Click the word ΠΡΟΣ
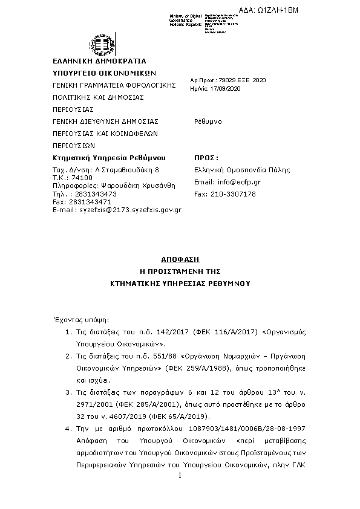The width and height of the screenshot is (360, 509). click(x=205, y=157)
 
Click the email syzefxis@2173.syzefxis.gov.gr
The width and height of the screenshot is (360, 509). click(x=131, y=210)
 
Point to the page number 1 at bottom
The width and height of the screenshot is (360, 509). click(x=180, y=477)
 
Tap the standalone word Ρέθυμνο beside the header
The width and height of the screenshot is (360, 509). click(x=208, y=122)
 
